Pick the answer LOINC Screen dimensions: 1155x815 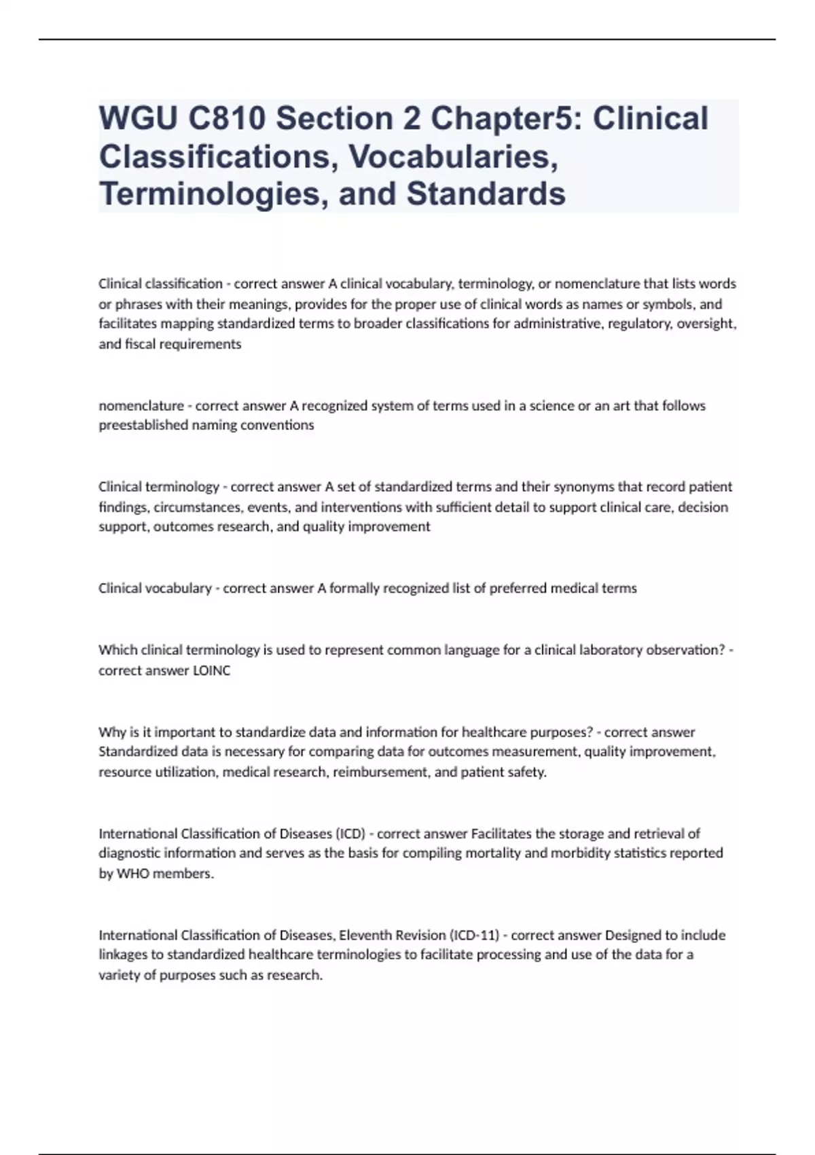212,671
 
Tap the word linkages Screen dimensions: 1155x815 122,955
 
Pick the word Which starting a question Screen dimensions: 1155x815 117,650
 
